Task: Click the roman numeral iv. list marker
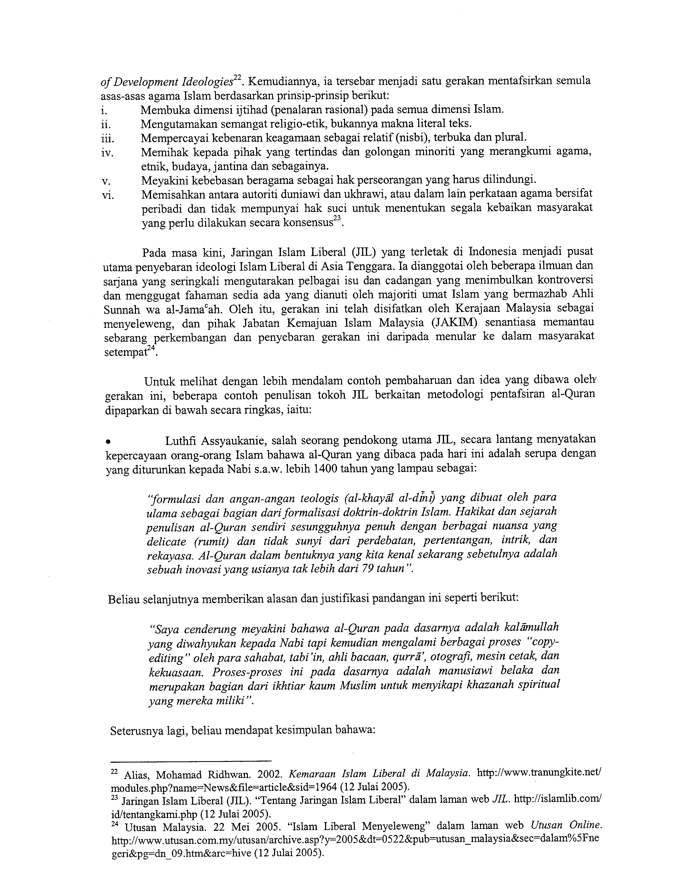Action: [x=107, y=153]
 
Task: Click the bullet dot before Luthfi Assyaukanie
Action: [x=108, y=441]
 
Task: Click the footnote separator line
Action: [x=191, y=759]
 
